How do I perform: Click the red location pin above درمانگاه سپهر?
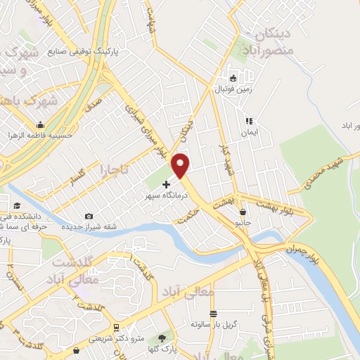point(181,165)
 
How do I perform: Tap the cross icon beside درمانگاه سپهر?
point(166,184)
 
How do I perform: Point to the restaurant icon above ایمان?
point(248,120)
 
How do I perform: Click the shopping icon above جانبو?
point(243,212)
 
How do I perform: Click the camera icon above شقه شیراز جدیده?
point(88,216)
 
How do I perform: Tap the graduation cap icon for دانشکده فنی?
point(16,205)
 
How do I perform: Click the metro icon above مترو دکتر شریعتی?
point(116,328)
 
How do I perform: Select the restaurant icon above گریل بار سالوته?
point(214,314)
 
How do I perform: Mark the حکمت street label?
point(188,219)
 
